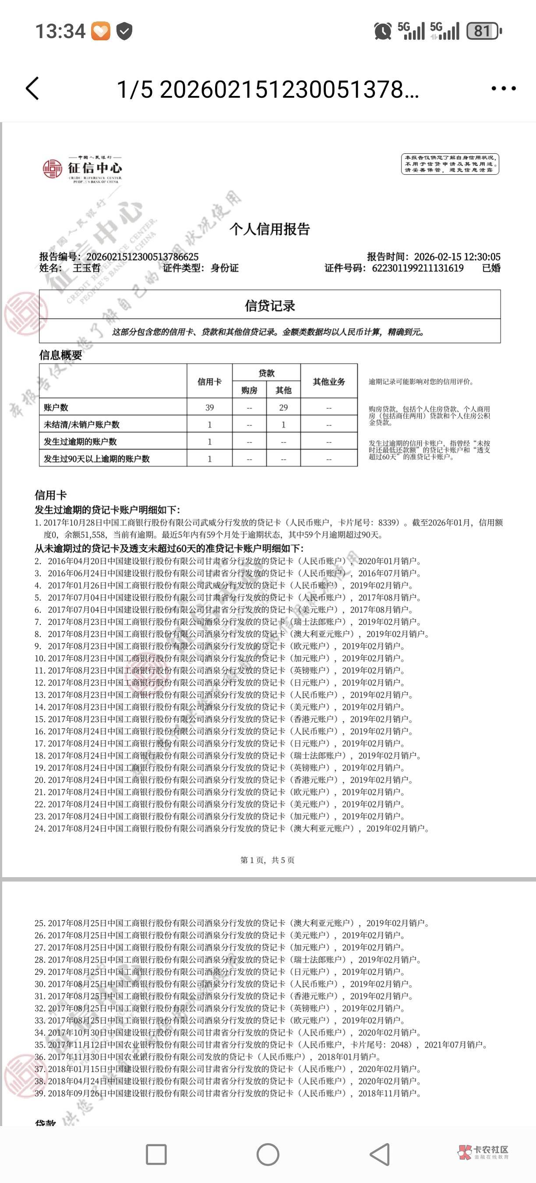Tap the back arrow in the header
click(32, 88)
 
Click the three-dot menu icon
click(504, 88)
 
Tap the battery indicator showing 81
click(483, 31)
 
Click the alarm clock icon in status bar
click(383, 31)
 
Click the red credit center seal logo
click(52, 169)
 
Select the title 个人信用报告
click(270, 229)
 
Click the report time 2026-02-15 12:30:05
click(457, 257)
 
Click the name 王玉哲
click(86, 268)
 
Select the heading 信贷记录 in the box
click(270, 306)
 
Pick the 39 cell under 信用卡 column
click(210, 407)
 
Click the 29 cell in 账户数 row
click(284, 407)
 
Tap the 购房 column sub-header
click(249, 390)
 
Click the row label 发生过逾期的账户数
click(80, 442)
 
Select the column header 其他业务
click(329, 382)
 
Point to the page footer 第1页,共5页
click(268, 860)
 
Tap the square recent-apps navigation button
click(156, 1154)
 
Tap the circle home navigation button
click(268, 1154)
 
